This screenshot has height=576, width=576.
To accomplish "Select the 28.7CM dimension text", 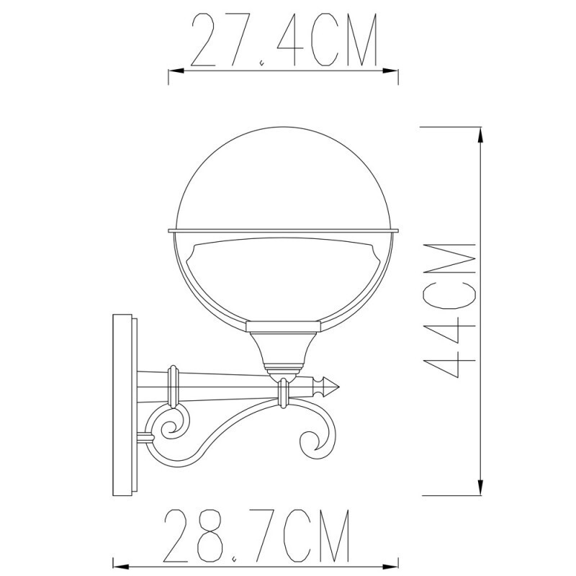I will (x=257, y=536).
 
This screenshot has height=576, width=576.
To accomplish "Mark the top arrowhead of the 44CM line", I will (x=480, y=133).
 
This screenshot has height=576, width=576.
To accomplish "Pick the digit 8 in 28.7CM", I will (x=214, y=536).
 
